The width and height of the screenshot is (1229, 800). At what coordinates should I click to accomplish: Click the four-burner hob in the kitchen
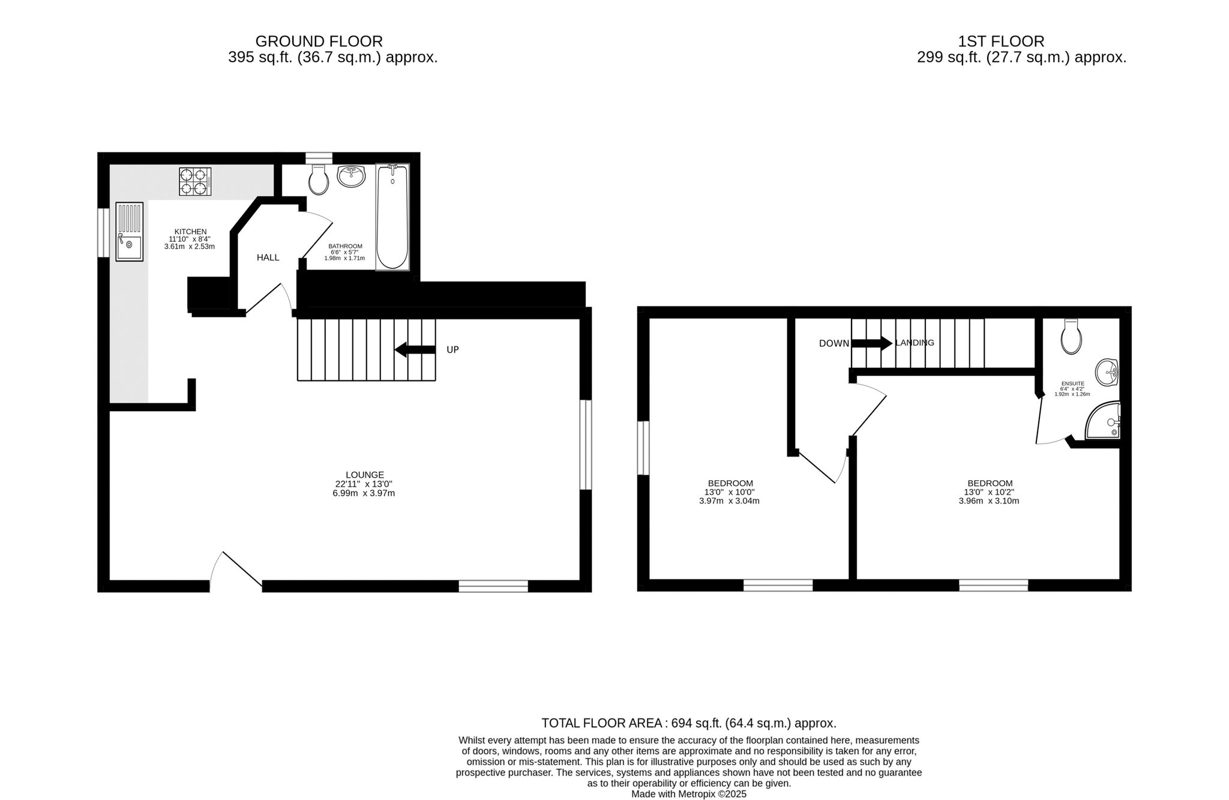(195, 181)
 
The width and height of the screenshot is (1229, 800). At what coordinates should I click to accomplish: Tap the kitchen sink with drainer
(129, 231)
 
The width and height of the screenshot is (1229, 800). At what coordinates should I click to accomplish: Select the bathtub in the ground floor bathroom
(392, 217)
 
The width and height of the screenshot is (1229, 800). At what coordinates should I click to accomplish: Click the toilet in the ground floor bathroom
(319, 179)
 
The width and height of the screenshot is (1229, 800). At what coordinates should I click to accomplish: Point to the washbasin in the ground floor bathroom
(351, 176)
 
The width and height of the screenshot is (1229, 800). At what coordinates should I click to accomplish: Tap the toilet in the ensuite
(1071, 336)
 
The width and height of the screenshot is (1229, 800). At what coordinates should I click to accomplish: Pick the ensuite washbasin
(1107, 372)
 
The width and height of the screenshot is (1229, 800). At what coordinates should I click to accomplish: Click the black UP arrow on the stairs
(415, 349)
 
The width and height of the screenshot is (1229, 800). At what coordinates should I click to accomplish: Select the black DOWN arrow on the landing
(872, 343)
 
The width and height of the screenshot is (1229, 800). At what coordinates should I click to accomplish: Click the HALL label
(268, 257)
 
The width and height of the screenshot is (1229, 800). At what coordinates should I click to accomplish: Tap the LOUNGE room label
(365, 475)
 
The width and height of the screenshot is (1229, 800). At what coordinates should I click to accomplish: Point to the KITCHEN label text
(191, 232)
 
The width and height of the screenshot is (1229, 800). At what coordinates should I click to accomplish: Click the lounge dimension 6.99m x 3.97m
(365, 493)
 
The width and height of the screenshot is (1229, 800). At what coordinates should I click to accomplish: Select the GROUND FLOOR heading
(319, 41)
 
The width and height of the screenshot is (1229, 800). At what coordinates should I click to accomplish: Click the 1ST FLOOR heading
(1002, 41)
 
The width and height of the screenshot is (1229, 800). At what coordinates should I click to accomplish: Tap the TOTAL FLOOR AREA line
(689, 723)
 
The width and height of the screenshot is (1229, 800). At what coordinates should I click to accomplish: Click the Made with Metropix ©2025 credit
(689, 794)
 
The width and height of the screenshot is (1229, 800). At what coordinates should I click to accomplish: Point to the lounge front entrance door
(236, 570)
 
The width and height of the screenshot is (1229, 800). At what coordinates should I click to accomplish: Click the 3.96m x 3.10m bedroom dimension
(989, 501)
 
